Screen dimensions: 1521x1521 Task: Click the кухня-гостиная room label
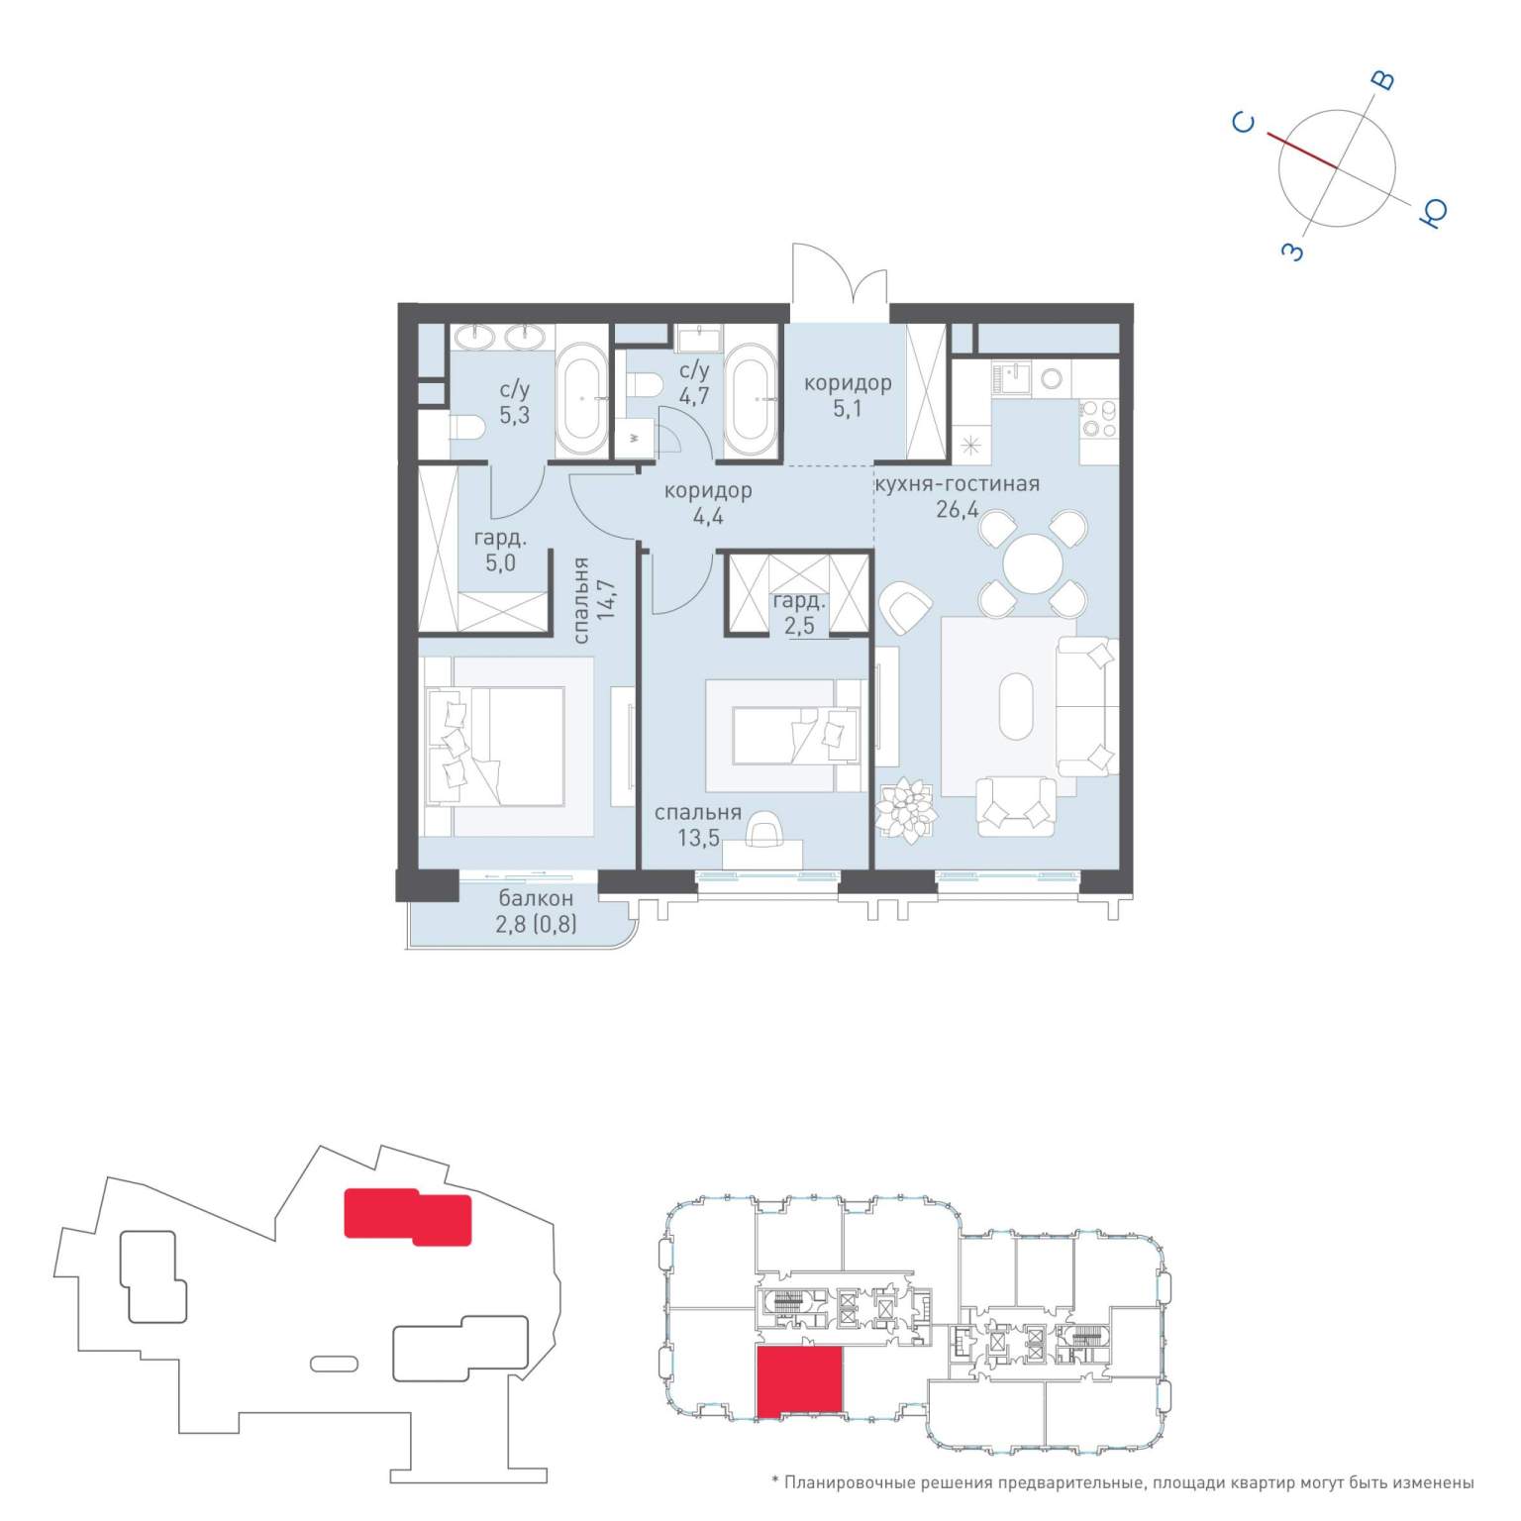(x=957, y=484)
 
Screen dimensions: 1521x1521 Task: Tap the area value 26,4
(x=957, y=511)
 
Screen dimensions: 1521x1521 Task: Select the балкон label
(x=536, y=899)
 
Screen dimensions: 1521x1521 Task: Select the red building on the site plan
(x=407, y=1216)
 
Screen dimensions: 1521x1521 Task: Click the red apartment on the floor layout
(x=800, y=1381)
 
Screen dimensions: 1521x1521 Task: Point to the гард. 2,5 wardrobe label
(x=799, y=613)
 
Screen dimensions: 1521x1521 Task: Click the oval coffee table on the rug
(x=1016, y=707)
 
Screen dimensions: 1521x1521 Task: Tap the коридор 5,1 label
(x=848, y=394)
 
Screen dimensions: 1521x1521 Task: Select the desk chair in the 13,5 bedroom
(x=761, y=830)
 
